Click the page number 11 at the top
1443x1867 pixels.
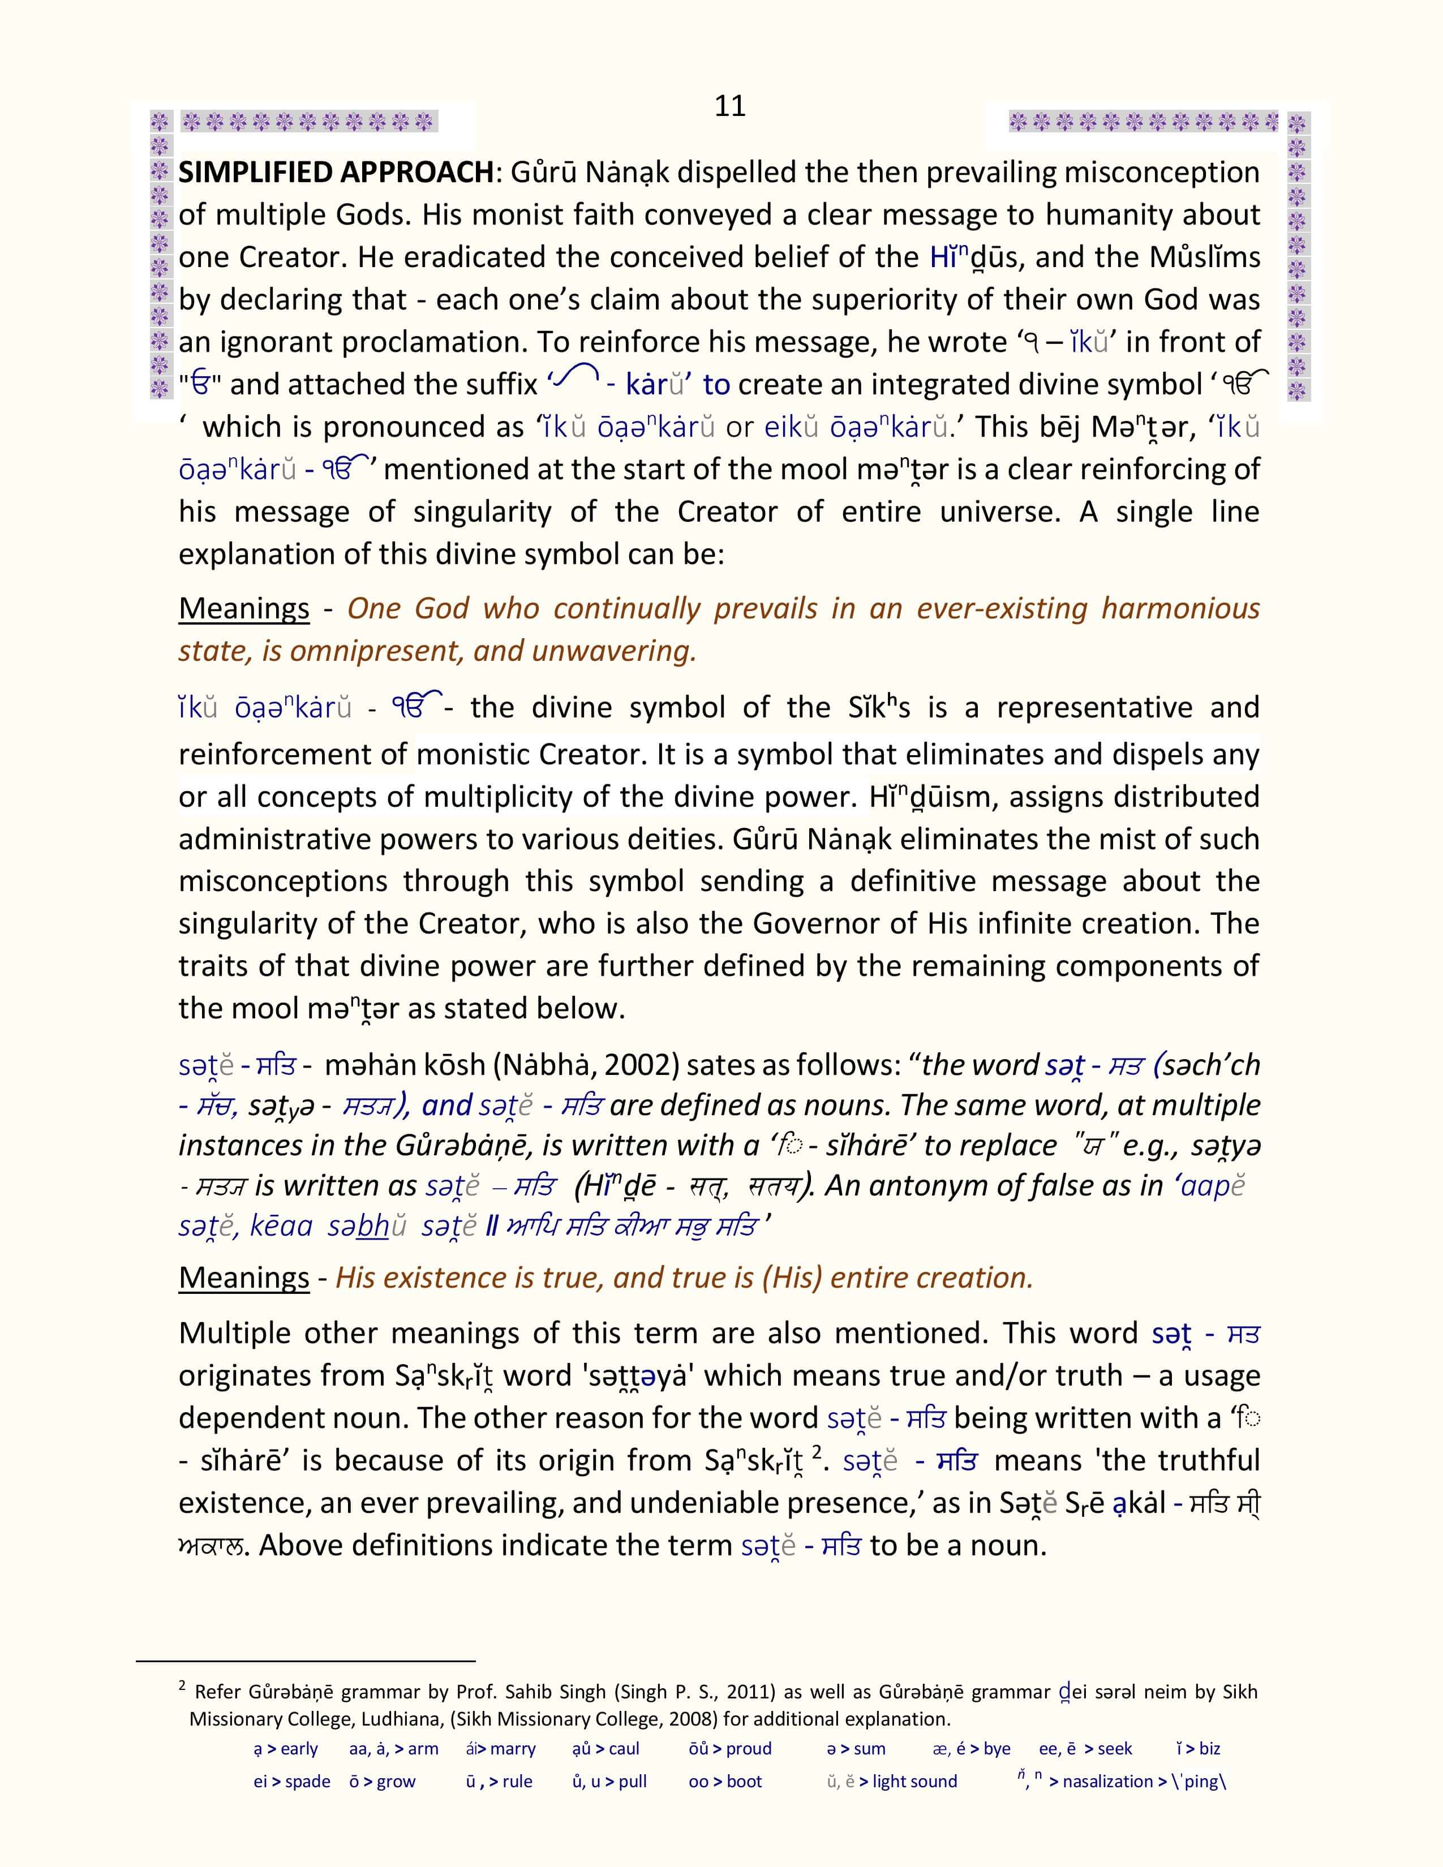[730, 106]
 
